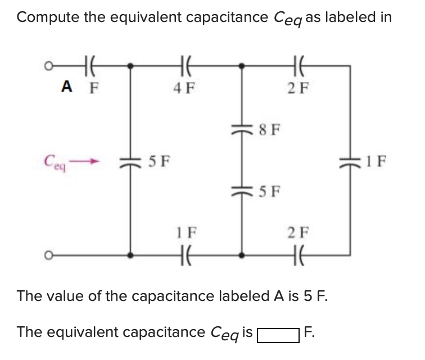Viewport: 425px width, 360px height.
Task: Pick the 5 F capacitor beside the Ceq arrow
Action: coord(131,163)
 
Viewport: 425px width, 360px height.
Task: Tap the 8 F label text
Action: coord(268,131)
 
